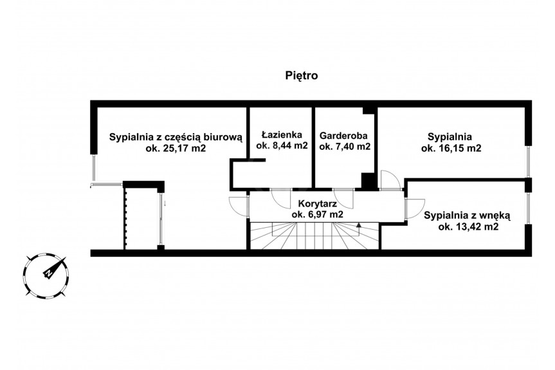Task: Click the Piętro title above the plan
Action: pyautogui.click(x=302, y=76)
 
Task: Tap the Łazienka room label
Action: pyautogui.click(x=282, y=134)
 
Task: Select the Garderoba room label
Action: pyautogui.click(x=343, y=136)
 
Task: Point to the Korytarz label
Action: pyautogui.click(x=317, y=203)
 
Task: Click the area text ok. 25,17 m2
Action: pyautogui.click(x=176, y=148)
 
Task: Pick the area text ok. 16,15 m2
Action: pyautogui.click(x=451, y=148)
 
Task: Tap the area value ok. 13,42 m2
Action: pyautogui.click(x=468, y=227)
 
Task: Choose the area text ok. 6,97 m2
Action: pyautogui.click(x=317, y=214)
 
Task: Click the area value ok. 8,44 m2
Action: pyautogui.click(x=282, y=145)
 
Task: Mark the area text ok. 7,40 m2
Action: pyautogui.click(x=345, y=146)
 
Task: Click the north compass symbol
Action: pyautogui.click(x=46, y=274)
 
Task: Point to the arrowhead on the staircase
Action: pyautogui.click(x=359, y=225)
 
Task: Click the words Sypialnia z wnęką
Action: pyautogui.click(x=468, y=216)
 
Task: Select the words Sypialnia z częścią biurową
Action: pyautogui.click(x=176, y=137)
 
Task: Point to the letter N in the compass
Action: pyautogui.click(x=48, y=273)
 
